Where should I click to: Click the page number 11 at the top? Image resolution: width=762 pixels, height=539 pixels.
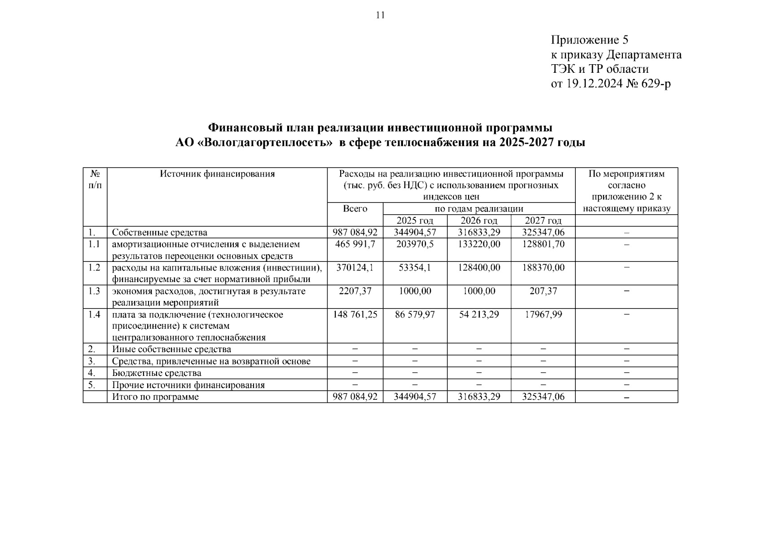pos(380,15)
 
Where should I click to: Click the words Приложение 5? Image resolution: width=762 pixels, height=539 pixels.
pos(589,40)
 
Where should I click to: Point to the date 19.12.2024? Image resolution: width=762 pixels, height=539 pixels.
pos(592,84)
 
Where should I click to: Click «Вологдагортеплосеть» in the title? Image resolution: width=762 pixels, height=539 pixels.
pos(265,142)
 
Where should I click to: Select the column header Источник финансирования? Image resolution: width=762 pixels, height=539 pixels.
pos(217,174)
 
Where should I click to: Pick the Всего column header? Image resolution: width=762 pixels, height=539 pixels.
pos(355,208)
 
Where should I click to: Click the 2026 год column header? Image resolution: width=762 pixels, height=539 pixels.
pos(479,221)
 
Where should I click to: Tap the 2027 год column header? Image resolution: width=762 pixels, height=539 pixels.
pos(543,221)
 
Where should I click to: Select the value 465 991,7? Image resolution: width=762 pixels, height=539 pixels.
pos(355,244)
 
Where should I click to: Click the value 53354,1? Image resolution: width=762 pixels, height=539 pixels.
pos(415,267)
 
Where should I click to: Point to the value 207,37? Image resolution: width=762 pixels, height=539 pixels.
pos(543,291)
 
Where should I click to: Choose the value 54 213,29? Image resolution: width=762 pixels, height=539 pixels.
pos(479,314)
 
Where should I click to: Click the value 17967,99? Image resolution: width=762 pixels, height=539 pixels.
pos(543,314)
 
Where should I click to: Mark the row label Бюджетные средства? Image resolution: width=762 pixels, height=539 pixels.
pos(157,373)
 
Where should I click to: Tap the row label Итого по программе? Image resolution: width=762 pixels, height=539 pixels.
pos(155,397)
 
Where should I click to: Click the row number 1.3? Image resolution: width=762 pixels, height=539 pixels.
pos(94,291)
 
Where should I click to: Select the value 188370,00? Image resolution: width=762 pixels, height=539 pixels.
pos(543,267)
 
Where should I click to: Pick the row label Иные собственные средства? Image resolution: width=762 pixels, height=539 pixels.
pos(171,349)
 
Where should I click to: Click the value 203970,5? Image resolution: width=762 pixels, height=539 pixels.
pos(415,244)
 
